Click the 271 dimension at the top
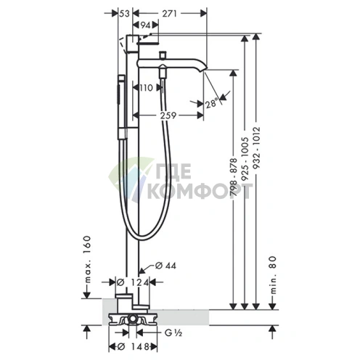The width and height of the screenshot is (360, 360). point(169,14)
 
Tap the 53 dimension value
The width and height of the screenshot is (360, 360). point(125,14)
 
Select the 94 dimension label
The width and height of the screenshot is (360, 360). point(146,25)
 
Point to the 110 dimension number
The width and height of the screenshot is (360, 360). point(146,88)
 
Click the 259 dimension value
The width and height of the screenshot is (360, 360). point(168,115)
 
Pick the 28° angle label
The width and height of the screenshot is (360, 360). point(211,104)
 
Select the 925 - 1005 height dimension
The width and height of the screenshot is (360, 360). point(245,159)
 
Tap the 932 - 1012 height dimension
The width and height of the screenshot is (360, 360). point(256,148)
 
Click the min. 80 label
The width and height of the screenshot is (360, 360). point(273,275)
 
